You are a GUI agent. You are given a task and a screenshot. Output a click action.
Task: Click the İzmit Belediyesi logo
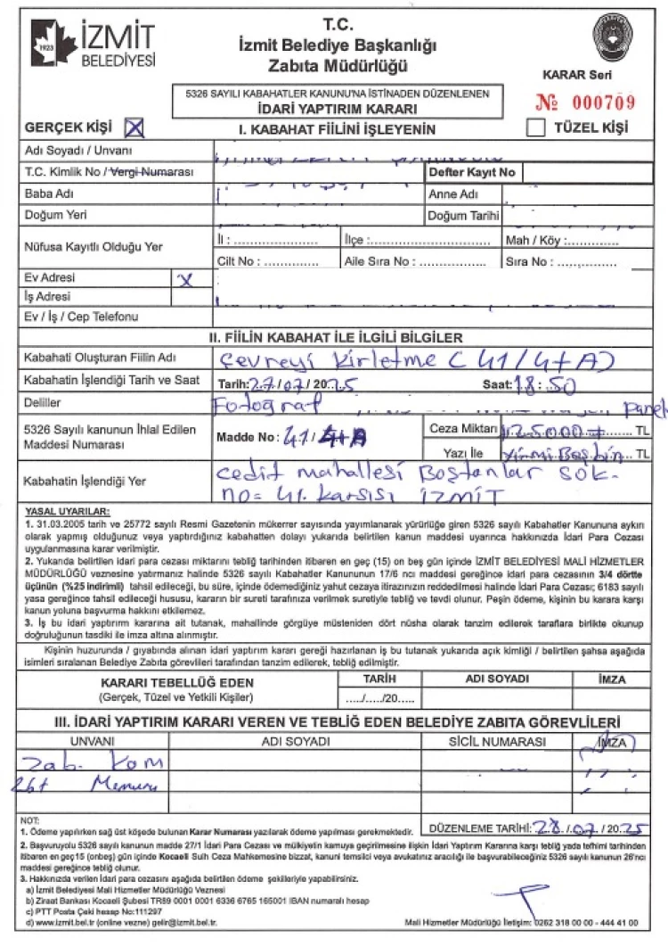click(x=92, y=45)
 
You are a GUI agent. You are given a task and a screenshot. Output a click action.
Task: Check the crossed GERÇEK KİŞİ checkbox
click(x=134, y=128)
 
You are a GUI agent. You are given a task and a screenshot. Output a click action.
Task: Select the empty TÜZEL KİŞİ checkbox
click(x=535, y=128)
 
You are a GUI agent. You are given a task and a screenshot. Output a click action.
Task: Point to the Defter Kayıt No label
click(x=472, y=171)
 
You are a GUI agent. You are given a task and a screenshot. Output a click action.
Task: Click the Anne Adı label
click(x=455, y=194)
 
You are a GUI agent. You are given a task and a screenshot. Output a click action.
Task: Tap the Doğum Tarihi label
click(x=464, y=216)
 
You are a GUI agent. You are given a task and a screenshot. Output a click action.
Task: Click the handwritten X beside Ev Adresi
click(x=185, y=279)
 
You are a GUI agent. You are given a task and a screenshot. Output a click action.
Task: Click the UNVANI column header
click(x=92, y=742)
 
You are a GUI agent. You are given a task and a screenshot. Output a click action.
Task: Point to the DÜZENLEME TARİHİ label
click(x=480, y=828)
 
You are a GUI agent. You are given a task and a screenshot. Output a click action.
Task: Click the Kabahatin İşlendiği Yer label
click(x=78, y=482)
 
